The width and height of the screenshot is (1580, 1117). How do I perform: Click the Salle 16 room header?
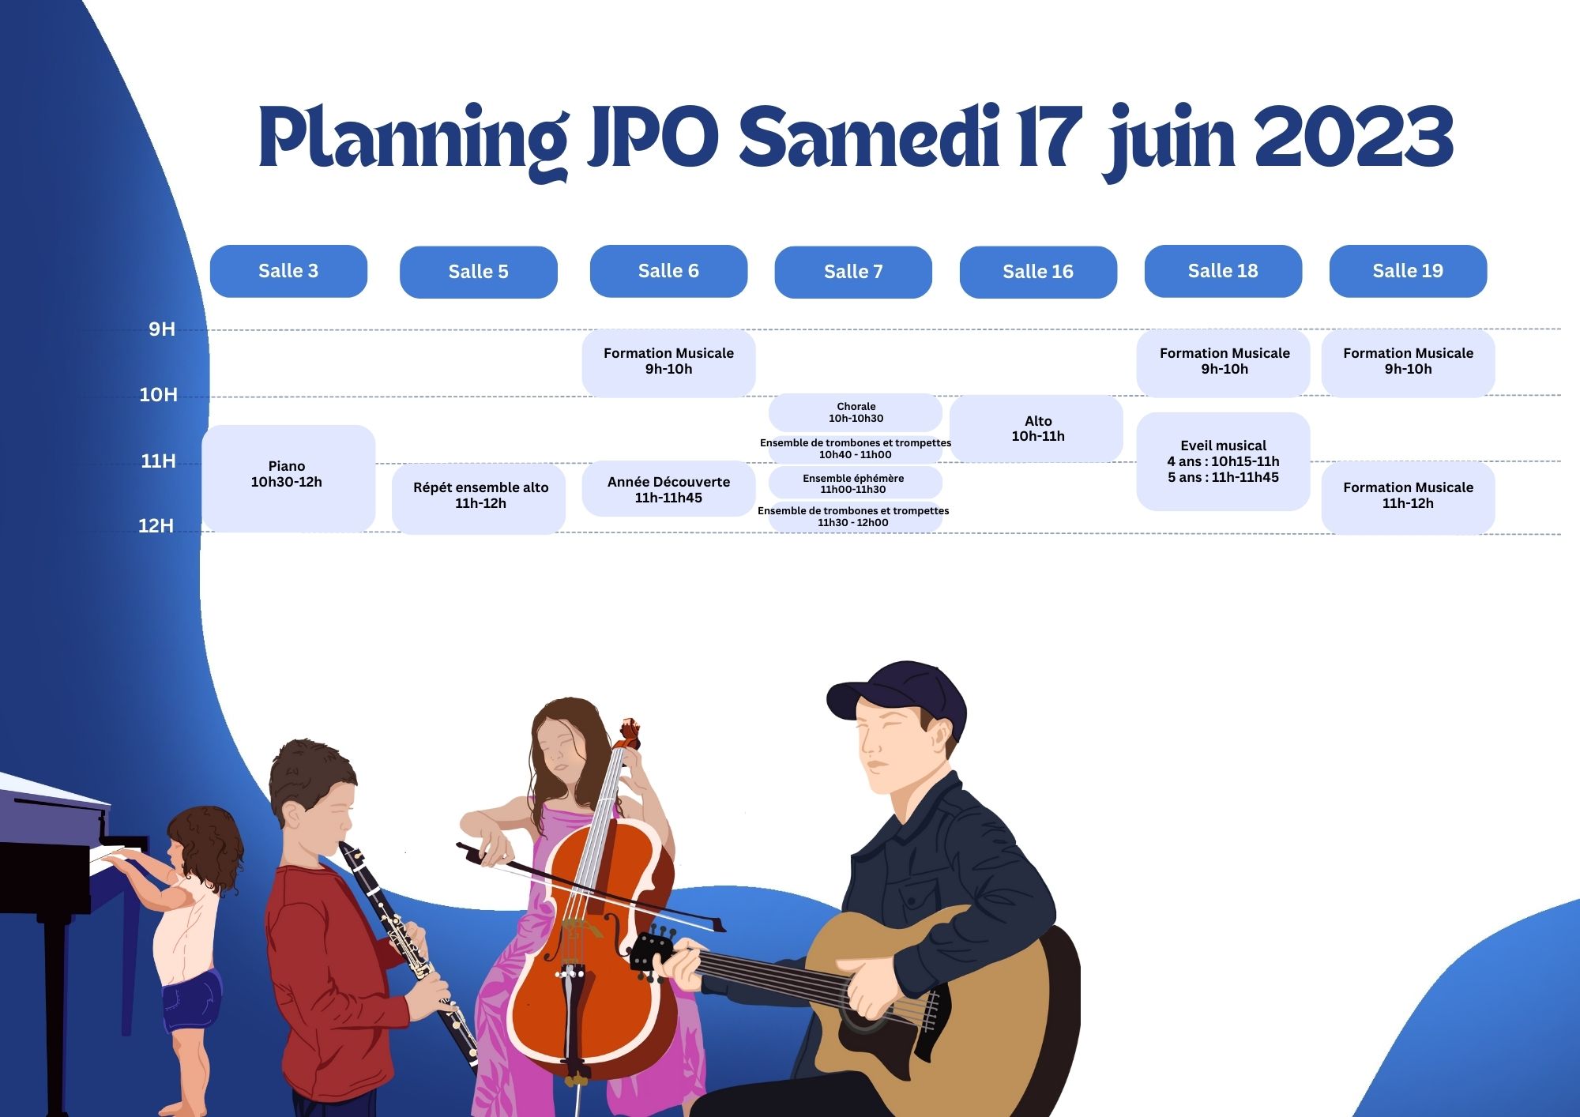pyautogui.click(x=1038, y=272)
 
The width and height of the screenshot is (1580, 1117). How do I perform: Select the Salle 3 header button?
pyautogui.click(x=288, y=271)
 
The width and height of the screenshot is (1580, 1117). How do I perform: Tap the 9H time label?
pyautogui.click(x=162, y=329)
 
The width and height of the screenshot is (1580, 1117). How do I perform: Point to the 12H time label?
pyautogui.click(x=156, y=526)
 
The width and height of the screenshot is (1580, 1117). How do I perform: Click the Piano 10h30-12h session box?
pyautogui.click(x=288, y=478)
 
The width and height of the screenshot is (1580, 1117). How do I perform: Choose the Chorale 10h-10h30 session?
pyautogui.click(x=856, y=412)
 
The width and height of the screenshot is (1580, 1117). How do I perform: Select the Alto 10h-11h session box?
pyautogui.click(x=1036, y=428)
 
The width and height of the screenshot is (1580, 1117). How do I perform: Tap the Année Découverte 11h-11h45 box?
pyautogui.click(x=668, y=489)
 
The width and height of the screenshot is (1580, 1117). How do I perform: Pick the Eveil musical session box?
pyautogui.click(x=1223, y=461)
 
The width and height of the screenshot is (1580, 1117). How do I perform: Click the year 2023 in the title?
pyautogui.click(x=1354, y=136)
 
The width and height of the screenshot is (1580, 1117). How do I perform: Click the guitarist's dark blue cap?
pyautogui.click(x=897, y=698)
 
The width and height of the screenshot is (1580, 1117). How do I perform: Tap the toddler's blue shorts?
pyautogui.click(x=191, y=1002)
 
